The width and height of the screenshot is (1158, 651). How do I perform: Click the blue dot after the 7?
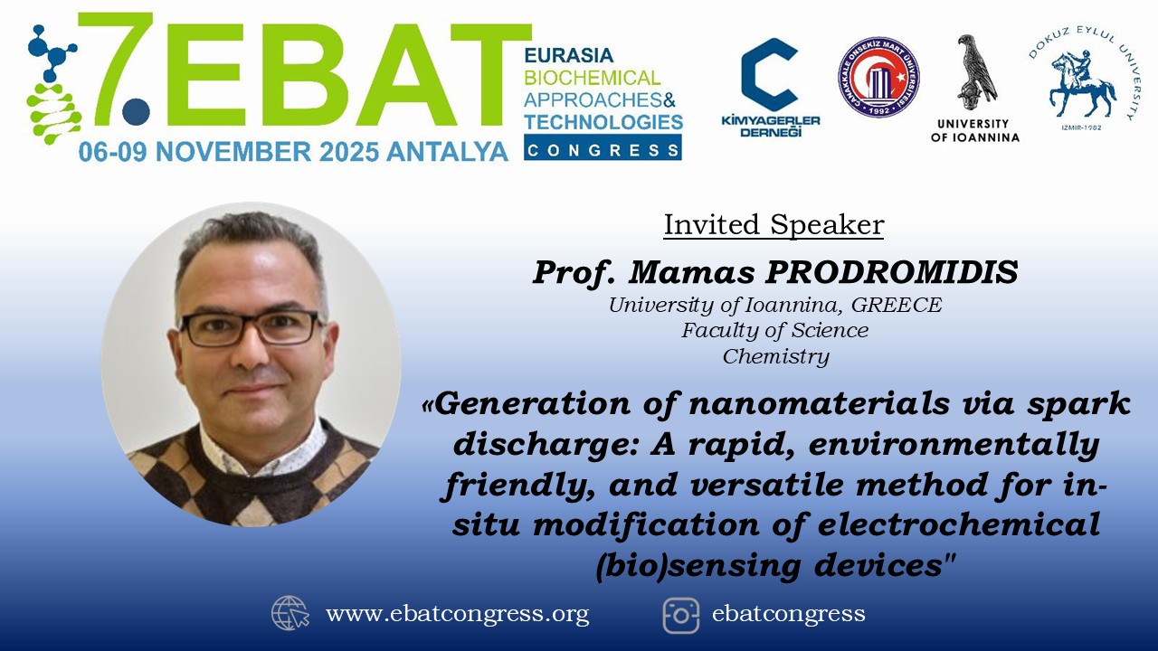[136, 111]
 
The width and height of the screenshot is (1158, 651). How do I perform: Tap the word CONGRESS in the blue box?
[603, 150]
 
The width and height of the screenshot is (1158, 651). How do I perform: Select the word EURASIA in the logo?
[569, 55]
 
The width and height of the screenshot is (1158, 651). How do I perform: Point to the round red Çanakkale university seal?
[878, 77]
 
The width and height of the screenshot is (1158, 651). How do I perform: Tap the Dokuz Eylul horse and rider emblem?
[1081, 84]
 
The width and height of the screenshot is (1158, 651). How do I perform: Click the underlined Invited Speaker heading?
[774, 225]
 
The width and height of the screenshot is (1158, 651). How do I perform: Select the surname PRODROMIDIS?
[892, 272]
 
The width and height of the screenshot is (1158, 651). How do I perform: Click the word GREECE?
[897, 305]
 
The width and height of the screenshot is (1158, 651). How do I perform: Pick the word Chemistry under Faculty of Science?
[776, 356]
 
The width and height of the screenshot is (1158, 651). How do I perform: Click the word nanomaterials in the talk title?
[819, 403]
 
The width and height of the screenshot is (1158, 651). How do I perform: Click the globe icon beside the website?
[290, 613]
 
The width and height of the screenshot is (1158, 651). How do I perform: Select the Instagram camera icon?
[681, 616]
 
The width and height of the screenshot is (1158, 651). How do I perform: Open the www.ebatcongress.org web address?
[457, 614]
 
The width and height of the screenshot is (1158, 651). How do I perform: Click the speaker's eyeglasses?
[251, 328]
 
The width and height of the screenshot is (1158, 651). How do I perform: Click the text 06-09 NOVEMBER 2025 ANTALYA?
[293, 152]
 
